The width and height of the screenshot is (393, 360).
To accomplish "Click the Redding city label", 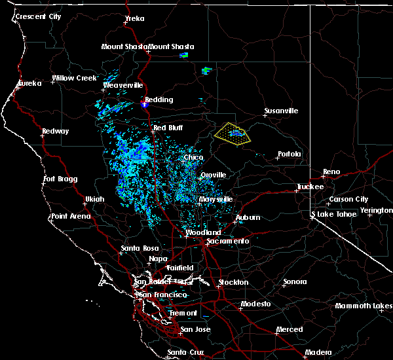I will click(x=159, y=100).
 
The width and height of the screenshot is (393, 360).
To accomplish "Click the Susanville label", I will click(x=281, y=111).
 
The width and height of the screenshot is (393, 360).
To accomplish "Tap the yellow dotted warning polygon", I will click(x=233, y=133).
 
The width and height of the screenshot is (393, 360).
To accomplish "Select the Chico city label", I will click(x=193, y=158).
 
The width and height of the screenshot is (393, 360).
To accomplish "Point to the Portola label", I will click(x=289, y=154).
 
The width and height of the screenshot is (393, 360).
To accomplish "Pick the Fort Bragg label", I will click(x=60, y=179).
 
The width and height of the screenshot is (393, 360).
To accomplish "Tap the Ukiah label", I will click(x=94, y=199).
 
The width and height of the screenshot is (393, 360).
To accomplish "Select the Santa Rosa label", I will click(x=140, y=249).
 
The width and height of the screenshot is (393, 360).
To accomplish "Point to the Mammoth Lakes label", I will click(x=364, y=306).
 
